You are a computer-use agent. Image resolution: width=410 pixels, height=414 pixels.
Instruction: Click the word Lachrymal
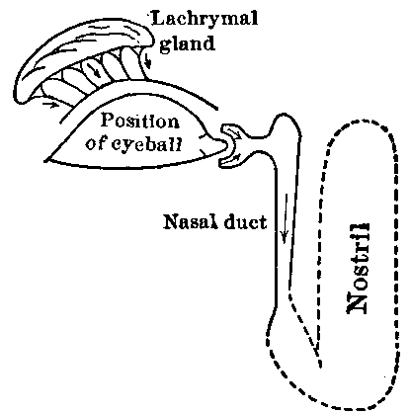coord(188,17)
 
